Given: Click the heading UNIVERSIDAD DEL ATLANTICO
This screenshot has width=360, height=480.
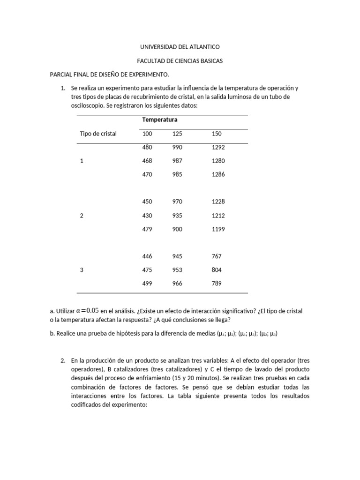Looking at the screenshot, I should (x=180, y=47).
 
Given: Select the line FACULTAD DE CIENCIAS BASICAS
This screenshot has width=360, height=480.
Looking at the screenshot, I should (x=180, y=61).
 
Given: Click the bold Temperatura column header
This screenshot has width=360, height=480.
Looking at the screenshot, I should (x=159, y=120).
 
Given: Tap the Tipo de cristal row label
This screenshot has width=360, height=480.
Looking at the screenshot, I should (x=98, y=134).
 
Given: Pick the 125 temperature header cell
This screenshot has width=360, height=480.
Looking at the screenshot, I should (x=177, y=134).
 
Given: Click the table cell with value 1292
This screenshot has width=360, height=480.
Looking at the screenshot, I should (x=218, y=147).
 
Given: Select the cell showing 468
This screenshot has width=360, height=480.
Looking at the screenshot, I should (x=147, y=161).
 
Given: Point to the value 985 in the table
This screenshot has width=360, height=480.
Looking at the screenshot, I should (x=178, y=174).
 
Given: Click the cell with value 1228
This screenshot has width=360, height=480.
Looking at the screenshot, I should (x=218, y=202).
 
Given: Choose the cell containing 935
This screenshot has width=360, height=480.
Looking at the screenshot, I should (x=178, y=216).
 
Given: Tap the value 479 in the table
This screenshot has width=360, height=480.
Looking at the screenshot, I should (x=147, y=229).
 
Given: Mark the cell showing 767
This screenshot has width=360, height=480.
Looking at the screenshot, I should (x=217, y=256).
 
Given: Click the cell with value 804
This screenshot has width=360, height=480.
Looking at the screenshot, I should (x=217, y=270).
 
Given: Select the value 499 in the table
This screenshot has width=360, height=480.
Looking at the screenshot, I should (x=147, y=284).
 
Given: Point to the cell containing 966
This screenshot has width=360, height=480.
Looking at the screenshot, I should (x=178, y=284).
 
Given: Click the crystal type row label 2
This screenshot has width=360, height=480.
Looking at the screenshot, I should (x=82, y=216).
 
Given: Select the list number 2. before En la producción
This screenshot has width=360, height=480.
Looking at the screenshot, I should (x=63, y=361).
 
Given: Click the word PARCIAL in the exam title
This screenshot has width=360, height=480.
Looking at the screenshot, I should (x=61, y=75).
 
